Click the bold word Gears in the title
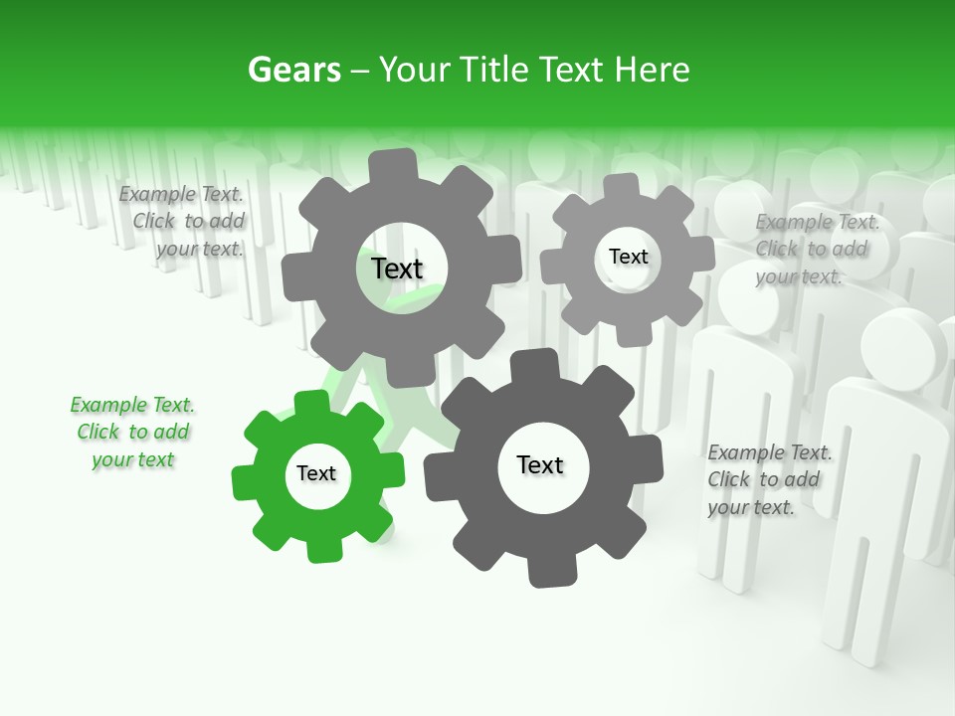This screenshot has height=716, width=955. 293,71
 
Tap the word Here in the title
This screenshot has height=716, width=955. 653,71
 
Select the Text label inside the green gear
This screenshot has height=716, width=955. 316,474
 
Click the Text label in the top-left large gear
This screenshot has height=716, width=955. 397,268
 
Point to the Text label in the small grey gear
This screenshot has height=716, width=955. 628,257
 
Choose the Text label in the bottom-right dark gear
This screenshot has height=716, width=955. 540,465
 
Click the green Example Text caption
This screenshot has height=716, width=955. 132,433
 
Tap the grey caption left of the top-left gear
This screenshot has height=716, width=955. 182,222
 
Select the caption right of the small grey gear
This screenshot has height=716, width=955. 816,249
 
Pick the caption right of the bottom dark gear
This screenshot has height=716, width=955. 769,479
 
